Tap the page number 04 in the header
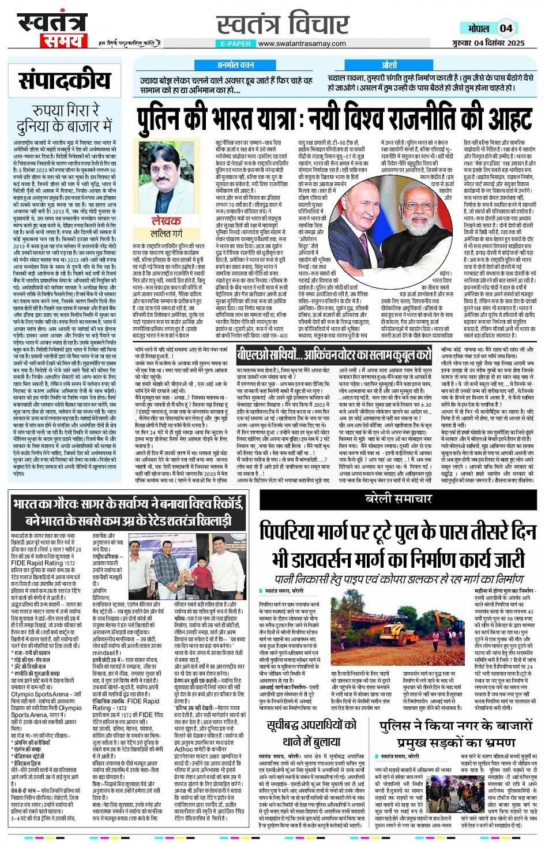tap(506, 28)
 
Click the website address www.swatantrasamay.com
tap(302, 43)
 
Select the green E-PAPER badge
tap(235, 43)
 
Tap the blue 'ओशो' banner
tap(389, 65)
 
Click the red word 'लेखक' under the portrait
tap(166, 222)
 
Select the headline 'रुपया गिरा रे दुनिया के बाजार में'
tap(64, 118)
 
